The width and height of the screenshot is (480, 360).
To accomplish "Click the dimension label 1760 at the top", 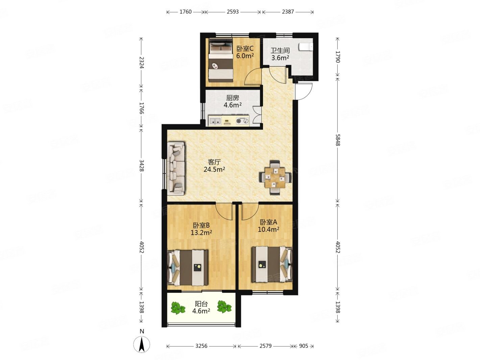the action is (186, 12).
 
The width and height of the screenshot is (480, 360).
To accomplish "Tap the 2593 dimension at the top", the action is (233, 12).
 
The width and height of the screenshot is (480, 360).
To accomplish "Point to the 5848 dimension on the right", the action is (338, 140).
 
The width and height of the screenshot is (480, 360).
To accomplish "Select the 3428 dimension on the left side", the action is (142, 165).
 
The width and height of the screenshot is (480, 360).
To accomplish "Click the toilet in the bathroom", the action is (306, 47).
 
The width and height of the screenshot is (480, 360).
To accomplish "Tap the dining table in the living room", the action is (275, 178).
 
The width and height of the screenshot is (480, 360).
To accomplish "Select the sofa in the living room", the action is (176, 168).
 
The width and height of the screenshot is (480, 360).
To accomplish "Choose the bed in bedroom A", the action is (272, 264).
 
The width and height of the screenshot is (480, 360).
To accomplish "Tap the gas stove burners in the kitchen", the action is (242, 121).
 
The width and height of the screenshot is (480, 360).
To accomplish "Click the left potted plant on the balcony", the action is (177, 308).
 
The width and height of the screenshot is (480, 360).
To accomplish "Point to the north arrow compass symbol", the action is (142, 344).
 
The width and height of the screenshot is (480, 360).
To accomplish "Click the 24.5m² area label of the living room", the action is (214, 169).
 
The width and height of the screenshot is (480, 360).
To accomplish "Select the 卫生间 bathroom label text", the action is (280, 50).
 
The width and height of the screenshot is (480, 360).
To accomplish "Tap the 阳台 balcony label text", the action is (201, 304).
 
